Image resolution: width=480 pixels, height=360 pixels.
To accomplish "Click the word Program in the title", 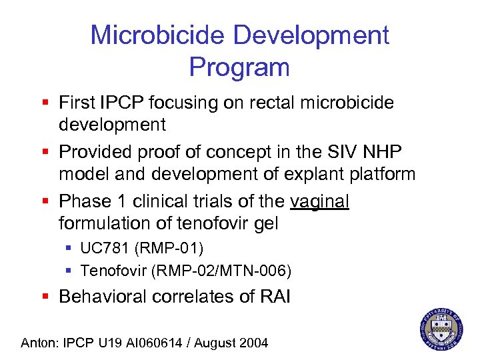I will coord(239,67).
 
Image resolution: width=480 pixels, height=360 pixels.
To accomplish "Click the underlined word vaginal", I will coord(320,201).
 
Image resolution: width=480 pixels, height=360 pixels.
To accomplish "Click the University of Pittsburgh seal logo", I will coord(441,327).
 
